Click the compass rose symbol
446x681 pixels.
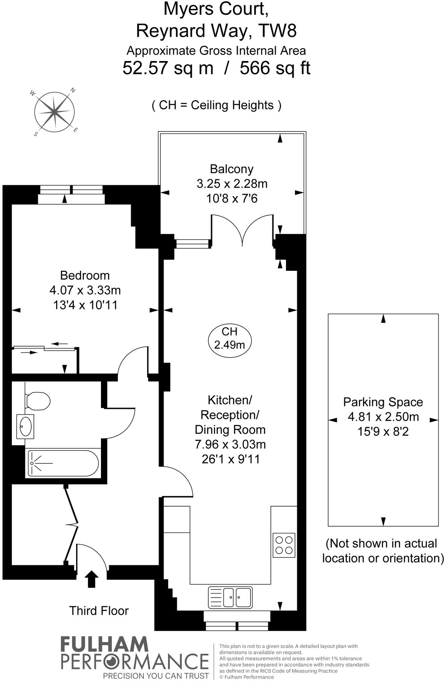click(55, 111)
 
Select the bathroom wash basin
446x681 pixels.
click(25, 426)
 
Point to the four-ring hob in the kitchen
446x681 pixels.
click(284, 545)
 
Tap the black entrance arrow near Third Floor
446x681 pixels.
click(91, 579)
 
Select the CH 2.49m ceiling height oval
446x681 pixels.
click(229, 338)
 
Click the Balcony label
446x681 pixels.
click(231, 169)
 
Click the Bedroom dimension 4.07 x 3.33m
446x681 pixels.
click(85, 290)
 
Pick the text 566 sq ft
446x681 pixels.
click(275, 69)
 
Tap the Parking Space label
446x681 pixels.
click(383, 402)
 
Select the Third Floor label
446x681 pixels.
click(99, 611)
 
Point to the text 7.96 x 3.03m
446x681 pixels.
click(230, 444)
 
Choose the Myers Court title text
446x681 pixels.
click(216, 9)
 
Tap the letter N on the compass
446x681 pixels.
click(73, 90)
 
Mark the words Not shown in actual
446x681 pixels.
click(381, 543)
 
